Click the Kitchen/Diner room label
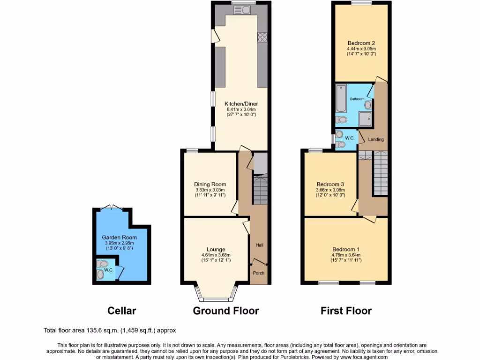coord(241,104)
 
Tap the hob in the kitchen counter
coord(262,37)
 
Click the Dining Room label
coord(210,184)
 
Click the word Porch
coord(258,273)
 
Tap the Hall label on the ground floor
coord(259,245)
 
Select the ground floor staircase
coord(259,190)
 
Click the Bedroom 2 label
coord(361,43)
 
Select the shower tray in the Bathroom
coord(366,119)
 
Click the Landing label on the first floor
coord(376,139)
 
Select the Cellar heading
coord(122,311)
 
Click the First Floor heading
coord(346,311)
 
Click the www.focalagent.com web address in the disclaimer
coord(360,357)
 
